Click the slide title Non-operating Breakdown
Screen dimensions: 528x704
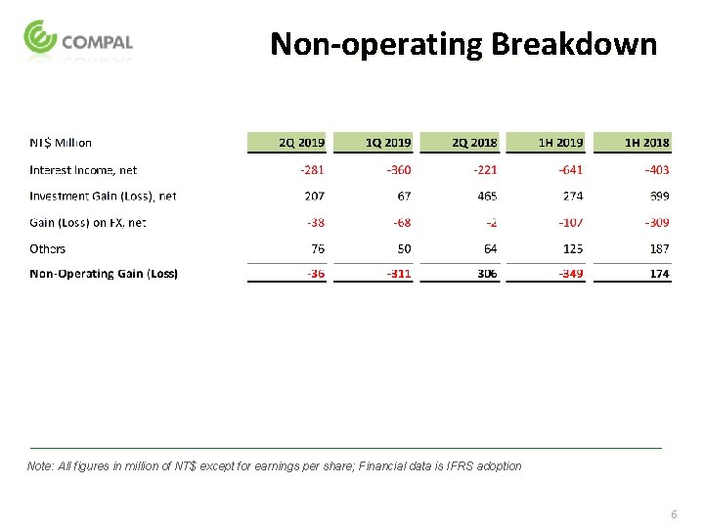[463, 44]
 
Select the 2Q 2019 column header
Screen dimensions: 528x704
[301, 143]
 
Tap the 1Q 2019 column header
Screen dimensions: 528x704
[388, 143]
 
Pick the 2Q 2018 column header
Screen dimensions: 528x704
[474, 143]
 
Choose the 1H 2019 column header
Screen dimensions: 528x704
[560, 143]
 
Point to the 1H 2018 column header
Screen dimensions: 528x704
[646, 143]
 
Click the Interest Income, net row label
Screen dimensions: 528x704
[83, 169]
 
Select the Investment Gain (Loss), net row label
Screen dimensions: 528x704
[103, 196]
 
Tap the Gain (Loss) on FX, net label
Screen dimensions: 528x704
[88, 222]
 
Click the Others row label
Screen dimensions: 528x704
[48, 248]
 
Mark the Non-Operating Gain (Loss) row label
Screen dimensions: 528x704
[104, 274]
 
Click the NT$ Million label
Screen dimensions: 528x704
[61, 143]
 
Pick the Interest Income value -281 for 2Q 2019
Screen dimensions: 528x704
[312, 169]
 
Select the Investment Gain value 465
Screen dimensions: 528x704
[487, 196]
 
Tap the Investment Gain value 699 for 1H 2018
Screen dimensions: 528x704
[660, 196]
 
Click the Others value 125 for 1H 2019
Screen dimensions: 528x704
[573, 248]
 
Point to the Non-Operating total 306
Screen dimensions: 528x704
[487, 274]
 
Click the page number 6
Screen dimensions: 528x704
[674, 514]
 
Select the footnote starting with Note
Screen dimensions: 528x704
[275, 466]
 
